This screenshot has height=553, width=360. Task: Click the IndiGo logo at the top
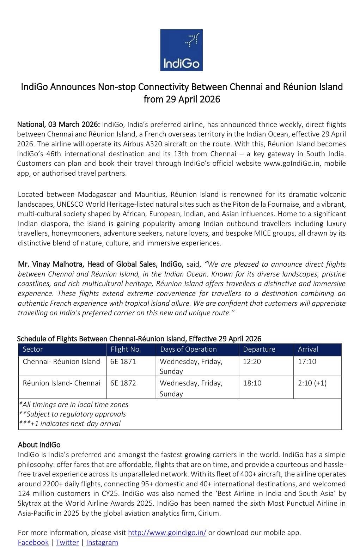(x=181, y=50)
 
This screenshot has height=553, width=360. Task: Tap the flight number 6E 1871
(x=123, y=361)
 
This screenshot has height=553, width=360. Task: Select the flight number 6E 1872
(x=123, y=383)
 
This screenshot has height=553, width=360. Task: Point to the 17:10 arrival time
(x=307, y=361)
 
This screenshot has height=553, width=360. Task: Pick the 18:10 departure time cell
(x=252, y=383)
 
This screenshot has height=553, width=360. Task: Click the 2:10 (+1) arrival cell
(x=312, y=383)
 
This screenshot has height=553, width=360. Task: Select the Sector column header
(x=33, y=349)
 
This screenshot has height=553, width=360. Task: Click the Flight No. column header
(x=126, y=349)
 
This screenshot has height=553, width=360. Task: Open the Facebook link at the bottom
(x=33, y=542)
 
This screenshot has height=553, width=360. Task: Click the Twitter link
(x=67, y=542)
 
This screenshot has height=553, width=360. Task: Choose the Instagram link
(x=102, y=542)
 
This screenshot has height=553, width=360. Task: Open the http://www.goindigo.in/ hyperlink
(x=167, y=533)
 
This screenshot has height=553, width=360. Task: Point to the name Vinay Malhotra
(x=58, y=264)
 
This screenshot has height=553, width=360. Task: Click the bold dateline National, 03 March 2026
(x=59, y=124)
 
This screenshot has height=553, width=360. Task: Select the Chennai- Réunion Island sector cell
(x=61, y=361)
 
